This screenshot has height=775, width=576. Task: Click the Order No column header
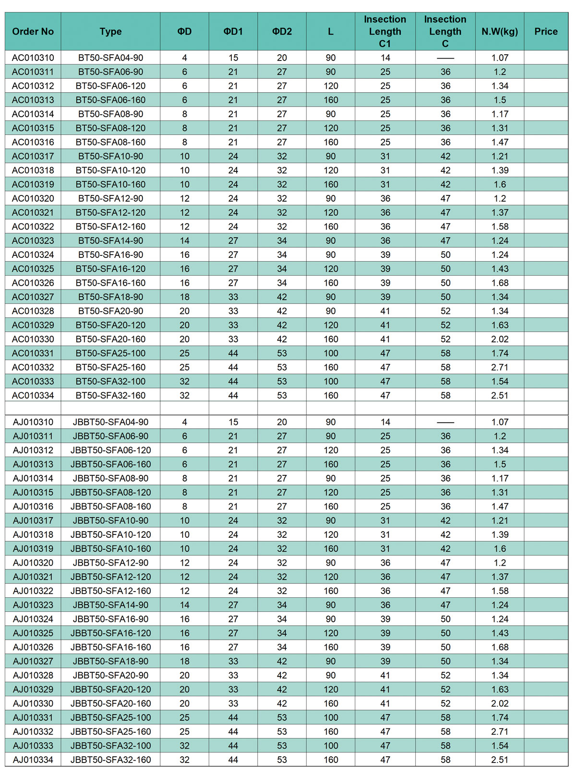point(33,32)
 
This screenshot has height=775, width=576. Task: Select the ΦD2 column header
point(282,32)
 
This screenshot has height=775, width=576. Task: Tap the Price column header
point(546,32)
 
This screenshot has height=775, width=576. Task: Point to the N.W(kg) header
point(500,32)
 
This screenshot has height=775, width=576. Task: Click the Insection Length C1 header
point(385,32)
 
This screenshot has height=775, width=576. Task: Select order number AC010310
point(33,58)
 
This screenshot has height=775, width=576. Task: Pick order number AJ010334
point(33,760)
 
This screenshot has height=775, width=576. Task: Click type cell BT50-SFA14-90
point(110,241)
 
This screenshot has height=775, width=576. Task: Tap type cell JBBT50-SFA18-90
point(110,661)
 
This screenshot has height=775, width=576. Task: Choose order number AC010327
point(33,297)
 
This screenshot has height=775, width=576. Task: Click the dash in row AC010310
point(445,58)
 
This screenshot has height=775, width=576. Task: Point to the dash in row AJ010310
point(445,423)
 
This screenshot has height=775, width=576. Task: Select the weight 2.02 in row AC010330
point(500,339)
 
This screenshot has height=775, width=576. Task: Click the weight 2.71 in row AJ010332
point(500,732)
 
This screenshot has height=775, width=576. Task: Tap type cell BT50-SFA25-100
point(110,353)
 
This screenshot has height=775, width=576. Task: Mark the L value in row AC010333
point(331,381)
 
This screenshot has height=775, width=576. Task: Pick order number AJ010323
point(33,605)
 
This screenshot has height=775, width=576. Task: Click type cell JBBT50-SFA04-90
point(110,422)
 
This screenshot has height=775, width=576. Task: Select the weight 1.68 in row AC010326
point(500,283)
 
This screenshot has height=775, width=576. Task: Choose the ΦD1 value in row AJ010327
point(233,661)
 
